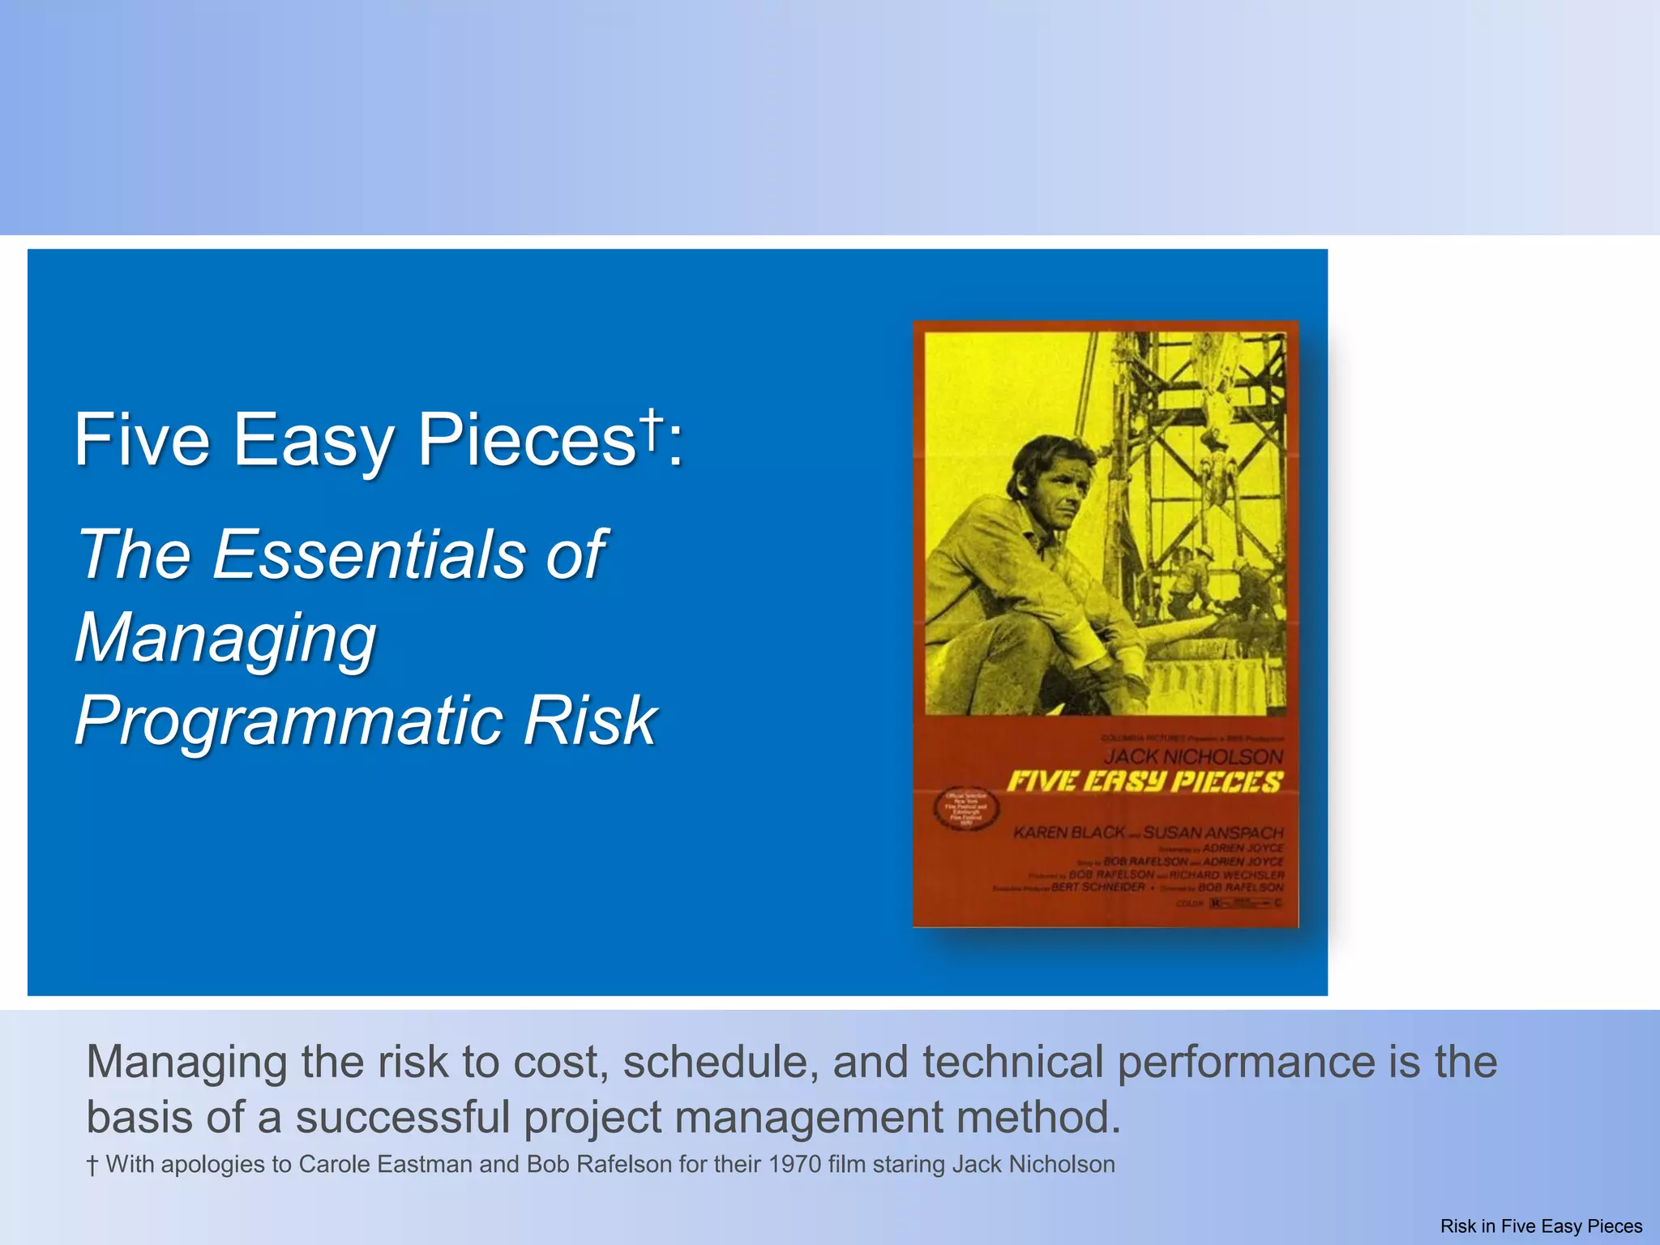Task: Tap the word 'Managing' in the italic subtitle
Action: tap(226, 637)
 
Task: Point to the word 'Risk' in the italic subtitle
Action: tap(589, 721)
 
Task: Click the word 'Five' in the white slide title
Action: tap(143, 439)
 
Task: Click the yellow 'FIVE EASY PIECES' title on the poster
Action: tap(1144, 782)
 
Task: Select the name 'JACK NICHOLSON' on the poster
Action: tap(1193, 756)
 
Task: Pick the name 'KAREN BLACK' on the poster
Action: tap(1068, 832)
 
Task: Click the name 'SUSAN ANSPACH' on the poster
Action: tap(1213, 832)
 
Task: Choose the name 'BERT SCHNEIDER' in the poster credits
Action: tap(1098, 888)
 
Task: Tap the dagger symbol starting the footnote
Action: tap(92, 1166)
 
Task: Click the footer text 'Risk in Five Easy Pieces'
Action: tap(1541, 1226)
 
